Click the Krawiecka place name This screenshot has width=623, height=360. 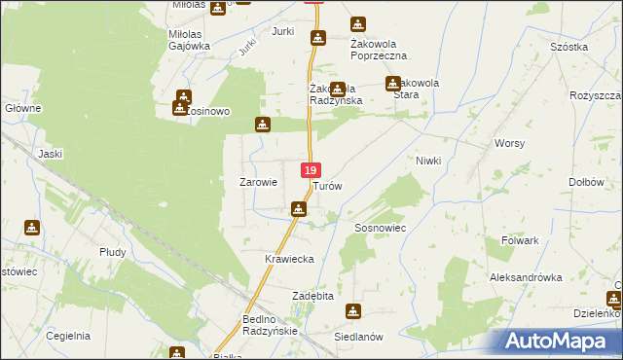coord(288,259)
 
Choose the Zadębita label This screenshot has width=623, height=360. coord(313,295)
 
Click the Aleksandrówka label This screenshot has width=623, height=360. coord(527,277)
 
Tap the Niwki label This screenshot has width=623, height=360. coord(428,161)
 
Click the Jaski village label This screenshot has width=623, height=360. coord(50,153)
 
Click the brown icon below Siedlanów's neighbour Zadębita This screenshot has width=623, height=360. coord(353,311)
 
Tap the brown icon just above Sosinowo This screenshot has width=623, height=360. coord(183,96)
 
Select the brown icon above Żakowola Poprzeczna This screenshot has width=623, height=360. coord(358,24)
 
